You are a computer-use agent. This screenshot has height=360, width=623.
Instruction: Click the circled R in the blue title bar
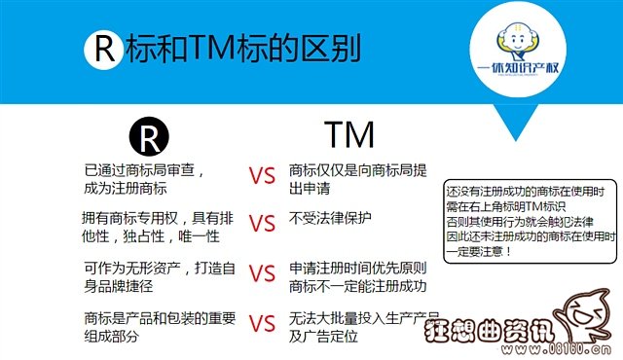(x=100, y=50)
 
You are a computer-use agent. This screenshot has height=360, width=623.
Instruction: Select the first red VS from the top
(x=262, y=178)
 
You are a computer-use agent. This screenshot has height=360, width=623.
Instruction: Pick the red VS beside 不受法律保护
(x=262, y=223)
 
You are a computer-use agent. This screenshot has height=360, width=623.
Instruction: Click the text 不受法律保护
(x=332, y=218)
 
